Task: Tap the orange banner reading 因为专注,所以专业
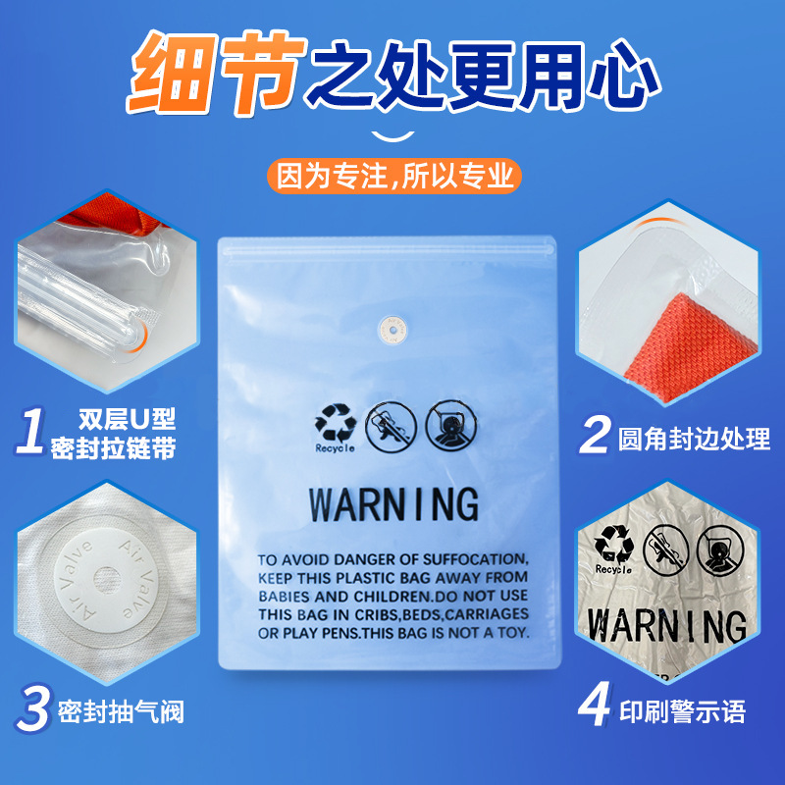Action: tap(393, 178)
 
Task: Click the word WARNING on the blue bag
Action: tap(393, 503)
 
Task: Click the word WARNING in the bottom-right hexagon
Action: tap(666, 625)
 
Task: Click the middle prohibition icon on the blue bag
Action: tap(391, 424)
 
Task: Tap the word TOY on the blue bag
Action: tap(512, 634)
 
